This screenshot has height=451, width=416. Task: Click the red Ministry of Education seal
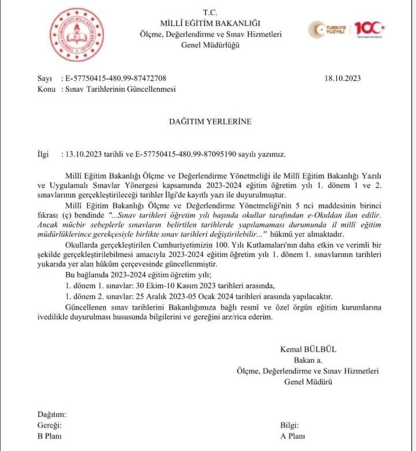click(76, 36)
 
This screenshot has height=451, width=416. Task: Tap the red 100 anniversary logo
click(369, 29)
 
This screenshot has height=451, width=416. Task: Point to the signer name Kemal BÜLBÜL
click(308, 349)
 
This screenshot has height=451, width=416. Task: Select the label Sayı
click(44, 79)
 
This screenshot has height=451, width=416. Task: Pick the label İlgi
click(43, 155)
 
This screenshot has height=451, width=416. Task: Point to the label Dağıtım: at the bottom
click(52, 414)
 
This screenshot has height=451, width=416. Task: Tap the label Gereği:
click(49, 425)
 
